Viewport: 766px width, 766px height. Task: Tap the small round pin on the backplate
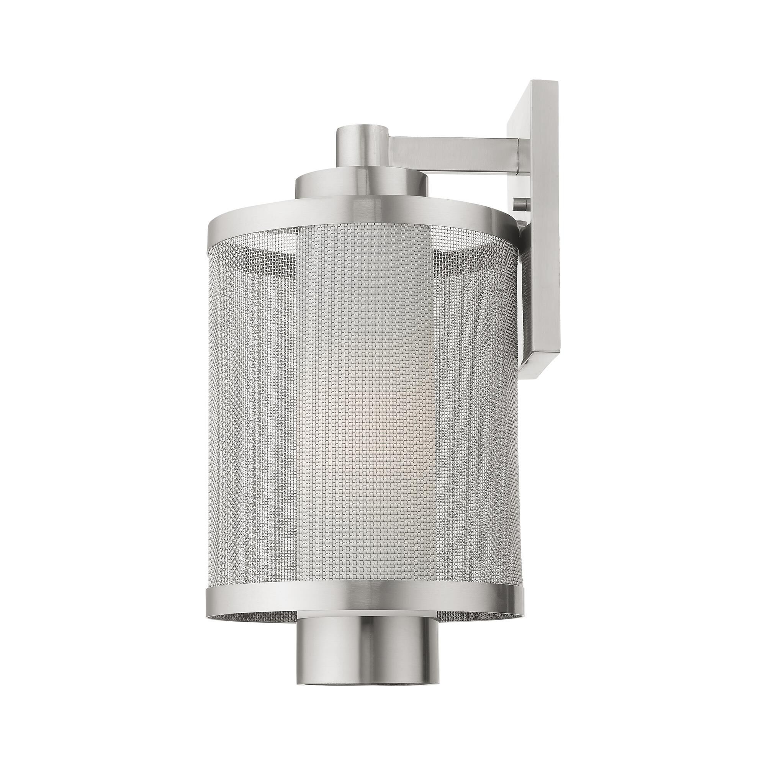tap(521, 205)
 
